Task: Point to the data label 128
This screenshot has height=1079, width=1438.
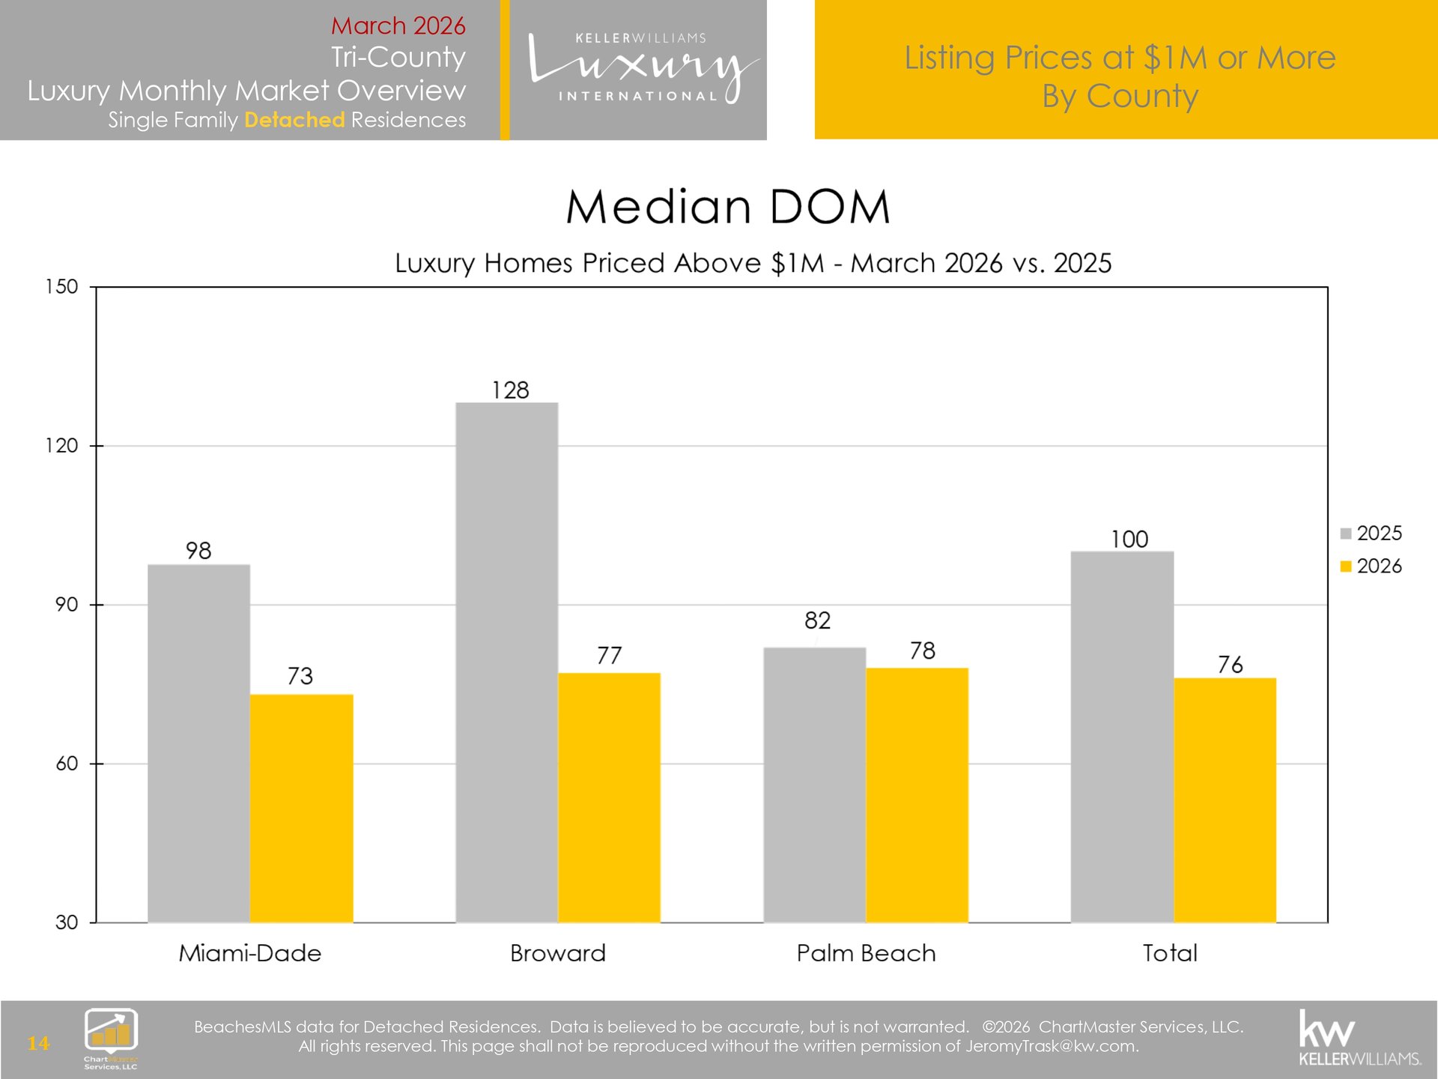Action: (x=510, y=390)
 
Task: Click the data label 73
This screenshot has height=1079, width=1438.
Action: (x=300, y=676)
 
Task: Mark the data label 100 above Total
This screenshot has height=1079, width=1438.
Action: (x=1129, y=539)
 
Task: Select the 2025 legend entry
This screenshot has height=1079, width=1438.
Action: (x=1371, y=534)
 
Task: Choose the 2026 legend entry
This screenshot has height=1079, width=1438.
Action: (x=1371, y=566)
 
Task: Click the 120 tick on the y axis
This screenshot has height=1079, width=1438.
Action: (x=61, y=446)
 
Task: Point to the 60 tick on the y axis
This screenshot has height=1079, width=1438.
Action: (x=67, y=764)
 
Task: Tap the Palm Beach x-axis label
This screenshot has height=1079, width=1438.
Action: (x=866, y=953)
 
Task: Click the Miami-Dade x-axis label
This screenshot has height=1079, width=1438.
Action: (x=249, y=953)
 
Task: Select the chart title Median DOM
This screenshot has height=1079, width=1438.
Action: (x=727, y=207)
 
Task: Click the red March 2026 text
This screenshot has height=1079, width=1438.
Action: (x=398, y=25)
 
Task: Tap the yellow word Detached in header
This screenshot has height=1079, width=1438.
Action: (x=294, y=120)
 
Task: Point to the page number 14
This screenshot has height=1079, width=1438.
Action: (x=38, y=1043)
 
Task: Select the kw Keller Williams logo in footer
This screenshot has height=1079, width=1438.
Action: (x=1359, y=1039)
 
